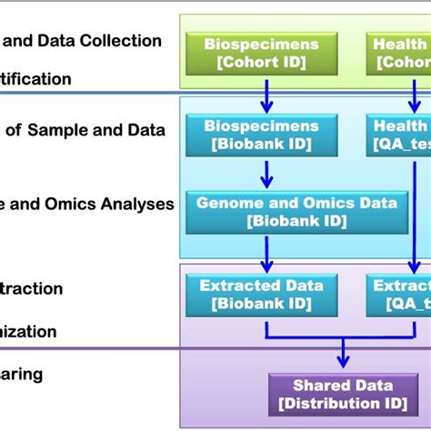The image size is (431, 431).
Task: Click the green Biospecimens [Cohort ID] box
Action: (261, 52)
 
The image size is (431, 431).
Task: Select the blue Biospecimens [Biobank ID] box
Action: (261, 135)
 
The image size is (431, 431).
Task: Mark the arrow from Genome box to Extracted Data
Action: (266, 253)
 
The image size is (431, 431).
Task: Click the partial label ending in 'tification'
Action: (36, 79)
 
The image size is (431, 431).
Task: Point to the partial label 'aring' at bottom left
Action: (22, 374)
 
